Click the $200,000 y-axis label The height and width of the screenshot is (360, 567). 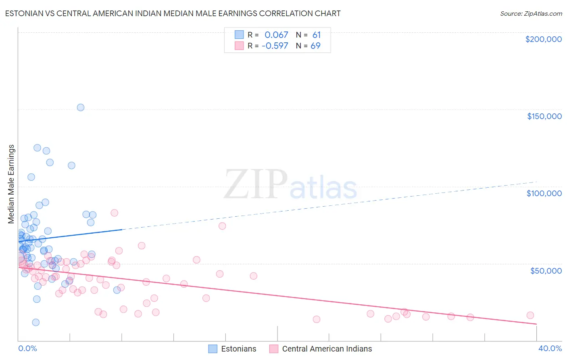(543, 39)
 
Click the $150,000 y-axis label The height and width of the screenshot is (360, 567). (544, 116)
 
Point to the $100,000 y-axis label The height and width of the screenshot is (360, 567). (544, 193)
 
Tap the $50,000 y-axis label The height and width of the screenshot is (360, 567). (546, 270)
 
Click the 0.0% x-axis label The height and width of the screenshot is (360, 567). (27, 348)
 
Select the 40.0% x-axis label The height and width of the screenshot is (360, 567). (550, 348)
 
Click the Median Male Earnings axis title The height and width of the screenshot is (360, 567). (11, 184)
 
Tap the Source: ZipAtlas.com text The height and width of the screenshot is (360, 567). (531, 13)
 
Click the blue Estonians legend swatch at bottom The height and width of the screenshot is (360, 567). (213, 349)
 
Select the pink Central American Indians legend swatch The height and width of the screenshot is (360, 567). (274, 349)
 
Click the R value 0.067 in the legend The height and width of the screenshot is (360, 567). (276, 35)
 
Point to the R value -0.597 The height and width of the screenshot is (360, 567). (275, 46)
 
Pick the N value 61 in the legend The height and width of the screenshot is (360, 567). (316, 35)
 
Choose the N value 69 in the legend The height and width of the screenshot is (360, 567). (315, 46)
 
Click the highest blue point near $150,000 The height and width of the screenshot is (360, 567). (81, 107)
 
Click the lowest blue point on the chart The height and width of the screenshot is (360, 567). (35, 322)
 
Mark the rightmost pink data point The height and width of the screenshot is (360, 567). (530, 315)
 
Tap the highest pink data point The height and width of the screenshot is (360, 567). (115, 213)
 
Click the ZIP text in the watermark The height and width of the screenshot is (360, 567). (256, 184)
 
